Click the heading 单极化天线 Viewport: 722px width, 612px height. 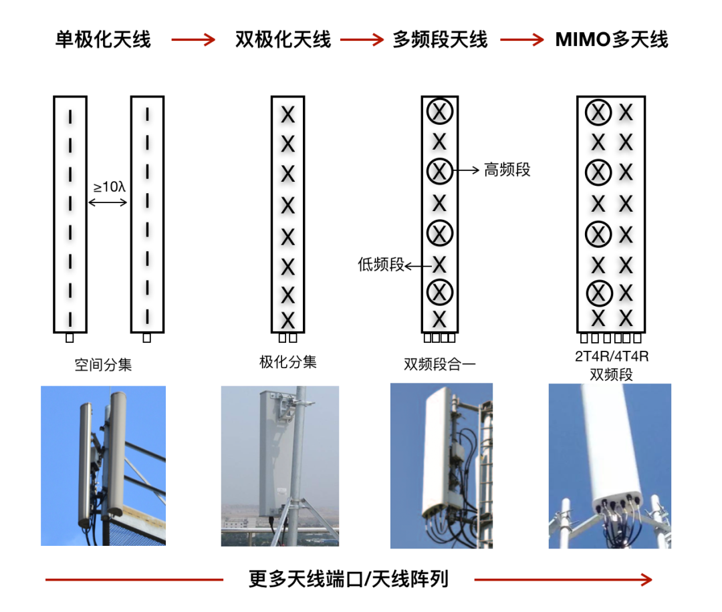103,39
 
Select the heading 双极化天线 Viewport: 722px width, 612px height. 283,39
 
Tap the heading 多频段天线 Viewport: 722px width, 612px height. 440,39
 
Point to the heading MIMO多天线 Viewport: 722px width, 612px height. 612,39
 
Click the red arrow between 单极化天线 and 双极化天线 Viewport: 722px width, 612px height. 193,40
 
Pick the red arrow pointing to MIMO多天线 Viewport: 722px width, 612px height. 522,40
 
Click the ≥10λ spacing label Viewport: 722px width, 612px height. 110,187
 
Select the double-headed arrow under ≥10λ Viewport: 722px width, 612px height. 108,202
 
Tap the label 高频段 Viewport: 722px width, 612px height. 507,170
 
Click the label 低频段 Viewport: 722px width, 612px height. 381,265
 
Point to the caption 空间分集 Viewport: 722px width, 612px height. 103,365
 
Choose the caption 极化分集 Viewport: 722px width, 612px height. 287,362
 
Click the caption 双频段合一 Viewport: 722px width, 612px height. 440,364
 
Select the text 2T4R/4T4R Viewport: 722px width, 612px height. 612,357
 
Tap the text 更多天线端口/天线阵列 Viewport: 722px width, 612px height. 348,579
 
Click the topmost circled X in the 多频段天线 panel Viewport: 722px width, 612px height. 440,112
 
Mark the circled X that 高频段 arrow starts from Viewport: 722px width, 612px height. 440,171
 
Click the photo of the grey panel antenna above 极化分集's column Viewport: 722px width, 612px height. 280,466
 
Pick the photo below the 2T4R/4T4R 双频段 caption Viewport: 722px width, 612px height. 610,466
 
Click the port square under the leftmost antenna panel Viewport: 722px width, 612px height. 70,338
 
